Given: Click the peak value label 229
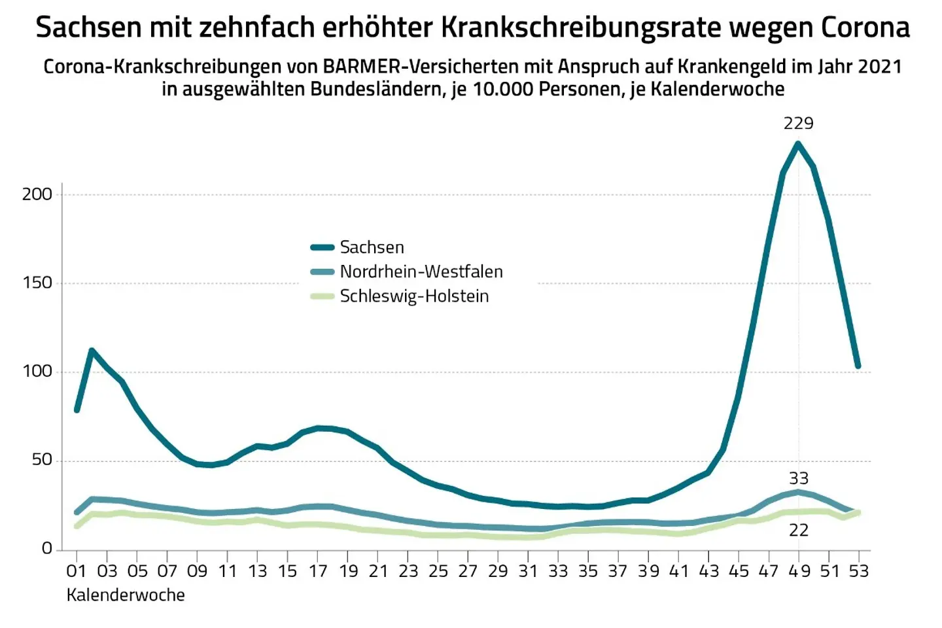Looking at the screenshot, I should pos(798,123).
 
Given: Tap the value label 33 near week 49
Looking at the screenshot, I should pos(798,478).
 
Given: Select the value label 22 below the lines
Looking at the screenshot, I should pos(798,530).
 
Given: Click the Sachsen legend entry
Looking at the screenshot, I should pos(371,247).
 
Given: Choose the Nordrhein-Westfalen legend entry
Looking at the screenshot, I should pos(421,271).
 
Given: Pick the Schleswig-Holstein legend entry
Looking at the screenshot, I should pos(413,296).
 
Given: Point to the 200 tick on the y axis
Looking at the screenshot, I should pos(37,194).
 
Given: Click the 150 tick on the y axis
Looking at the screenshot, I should pos(37,283).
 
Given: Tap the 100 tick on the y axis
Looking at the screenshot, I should pos(37,371).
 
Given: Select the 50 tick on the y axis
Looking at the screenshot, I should pos(41,460).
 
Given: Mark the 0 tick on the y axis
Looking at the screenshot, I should pos(46,548).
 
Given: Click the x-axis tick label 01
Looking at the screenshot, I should pos(77,571).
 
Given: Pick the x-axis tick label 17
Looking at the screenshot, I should pos(318,571).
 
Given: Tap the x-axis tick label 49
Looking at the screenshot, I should pos(798,571).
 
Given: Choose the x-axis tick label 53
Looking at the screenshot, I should pos(858,571).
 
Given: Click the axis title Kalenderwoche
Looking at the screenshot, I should pos(126,595).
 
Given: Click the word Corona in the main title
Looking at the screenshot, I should pos(864,27).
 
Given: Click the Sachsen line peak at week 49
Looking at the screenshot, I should pos(798,143).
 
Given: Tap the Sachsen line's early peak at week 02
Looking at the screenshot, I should pos(92,351).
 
